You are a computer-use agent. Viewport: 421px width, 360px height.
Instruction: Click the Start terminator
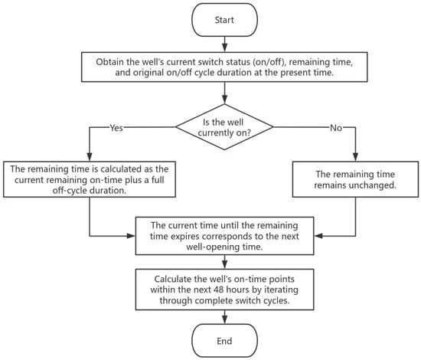224,20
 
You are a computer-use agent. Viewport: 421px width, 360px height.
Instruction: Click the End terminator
224,341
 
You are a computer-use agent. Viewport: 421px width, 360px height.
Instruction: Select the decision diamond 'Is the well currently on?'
224,127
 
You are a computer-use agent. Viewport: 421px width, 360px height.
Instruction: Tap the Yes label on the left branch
116,128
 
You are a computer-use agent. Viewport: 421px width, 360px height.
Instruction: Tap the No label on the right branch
336,128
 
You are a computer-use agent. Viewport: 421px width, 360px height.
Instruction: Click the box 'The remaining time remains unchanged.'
355,179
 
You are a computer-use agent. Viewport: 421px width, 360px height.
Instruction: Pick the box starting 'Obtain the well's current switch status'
224,67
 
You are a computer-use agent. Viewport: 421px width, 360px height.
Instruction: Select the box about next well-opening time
224,236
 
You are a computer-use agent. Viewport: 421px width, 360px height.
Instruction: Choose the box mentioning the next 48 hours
224,290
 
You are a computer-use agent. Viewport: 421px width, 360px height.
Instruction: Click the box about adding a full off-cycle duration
90,179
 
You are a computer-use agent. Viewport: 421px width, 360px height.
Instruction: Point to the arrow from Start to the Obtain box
225,44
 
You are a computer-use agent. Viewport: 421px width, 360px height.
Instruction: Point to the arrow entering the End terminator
225,317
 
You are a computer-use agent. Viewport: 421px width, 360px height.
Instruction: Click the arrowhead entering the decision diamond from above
225,100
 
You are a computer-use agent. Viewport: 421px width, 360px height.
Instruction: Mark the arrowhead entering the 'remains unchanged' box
355,157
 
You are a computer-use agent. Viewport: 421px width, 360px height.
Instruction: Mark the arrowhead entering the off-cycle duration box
90,157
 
